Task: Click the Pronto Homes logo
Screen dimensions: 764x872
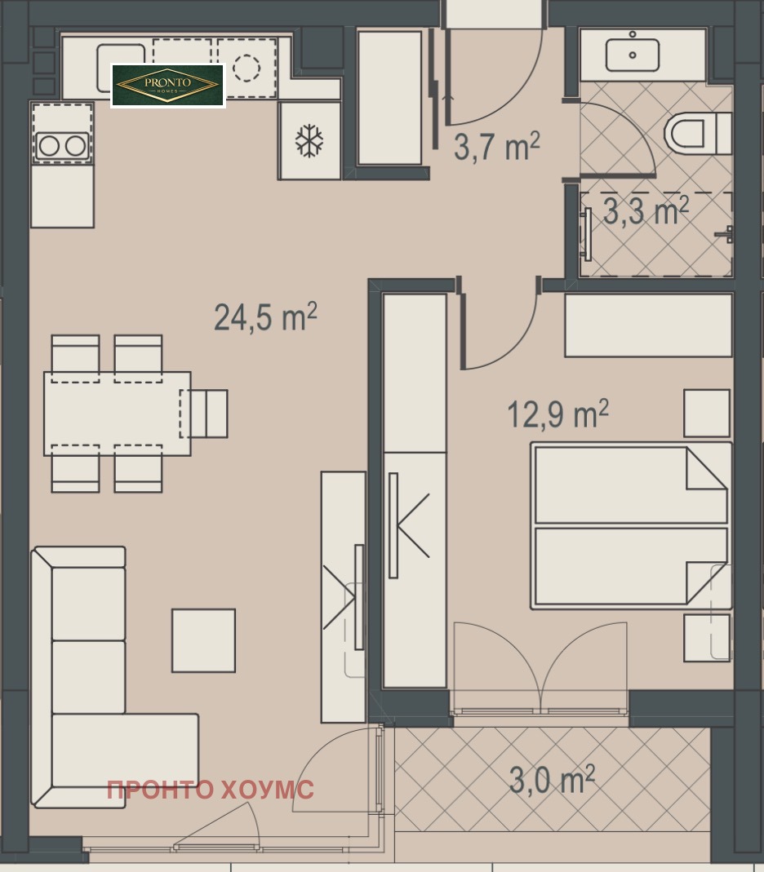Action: [x=168, y=86]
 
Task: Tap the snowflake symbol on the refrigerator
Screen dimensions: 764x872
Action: [x=309, y=140]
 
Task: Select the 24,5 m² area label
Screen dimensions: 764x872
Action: [x=265, y=317]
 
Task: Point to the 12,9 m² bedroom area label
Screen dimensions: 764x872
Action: [x=557, y=414]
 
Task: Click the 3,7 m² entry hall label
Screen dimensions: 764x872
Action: [x=497, y=146]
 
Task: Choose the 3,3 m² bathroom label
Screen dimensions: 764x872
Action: [x=646, y=211]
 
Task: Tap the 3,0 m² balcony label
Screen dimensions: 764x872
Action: [x=552, y=779]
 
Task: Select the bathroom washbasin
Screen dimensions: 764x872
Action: [x=633, y=51]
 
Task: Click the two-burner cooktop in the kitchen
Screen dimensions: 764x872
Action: [x=62, y=146]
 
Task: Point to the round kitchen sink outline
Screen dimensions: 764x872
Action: [x=247, y=67]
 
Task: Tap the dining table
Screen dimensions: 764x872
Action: [x=117, y=414]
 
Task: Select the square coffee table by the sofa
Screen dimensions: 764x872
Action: [x=204, y=640]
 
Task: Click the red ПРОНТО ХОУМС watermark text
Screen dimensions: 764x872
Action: [x=211, y=790]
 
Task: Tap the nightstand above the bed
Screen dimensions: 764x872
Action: [x=707, y=413]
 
